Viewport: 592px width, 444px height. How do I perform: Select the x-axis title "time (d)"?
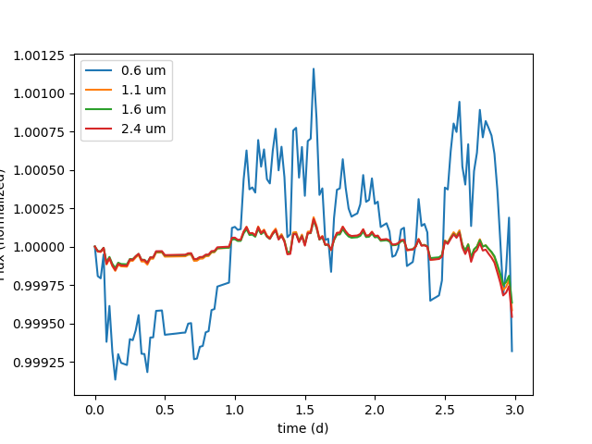[302, 427]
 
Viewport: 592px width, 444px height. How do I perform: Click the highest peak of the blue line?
[314, 68]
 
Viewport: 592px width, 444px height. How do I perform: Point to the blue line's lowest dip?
[115, 379]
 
